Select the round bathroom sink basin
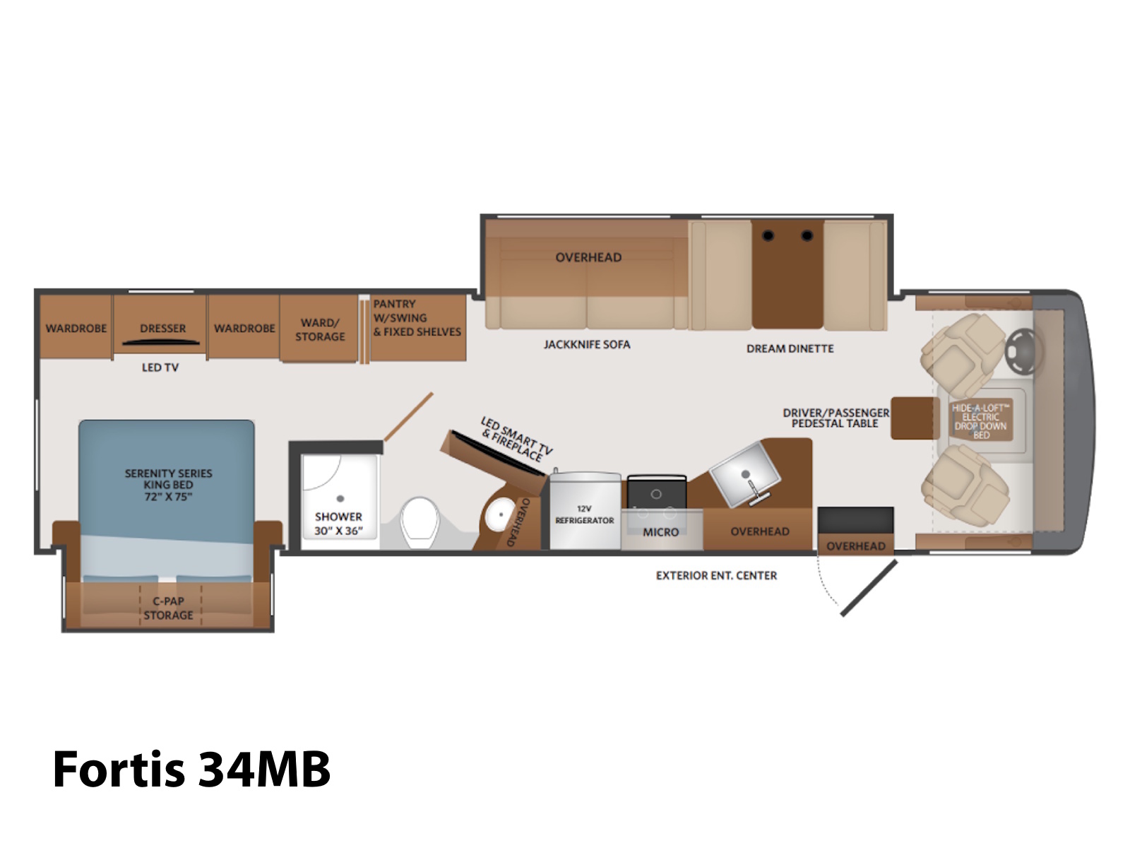[500, 514]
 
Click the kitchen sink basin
[744, 473]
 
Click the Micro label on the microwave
[660, 532]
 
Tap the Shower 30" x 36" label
[338, 523]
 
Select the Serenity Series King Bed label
[168, 485]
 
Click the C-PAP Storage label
[168, 608]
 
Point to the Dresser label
[162, 328]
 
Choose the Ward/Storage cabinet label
[320, 329]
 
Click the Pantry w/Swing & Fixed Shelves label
[417, 318]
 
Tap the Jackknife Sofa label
[587, 344]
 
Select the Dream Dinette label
[790, 348]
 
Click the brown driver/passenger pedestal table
[915, 418]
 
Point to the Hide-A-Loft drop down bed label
[980, 421]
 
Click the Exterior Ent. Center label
[716, 575]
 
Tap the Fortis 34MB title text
[191, 769]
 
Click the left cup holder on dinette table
[768, 236]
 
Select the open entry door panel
[869, 588]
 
